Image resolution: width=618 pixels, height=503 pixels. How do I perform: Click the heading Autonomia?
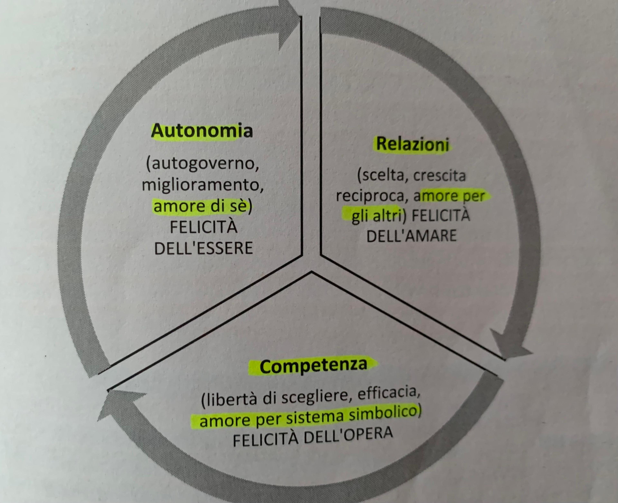point(202,131)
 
